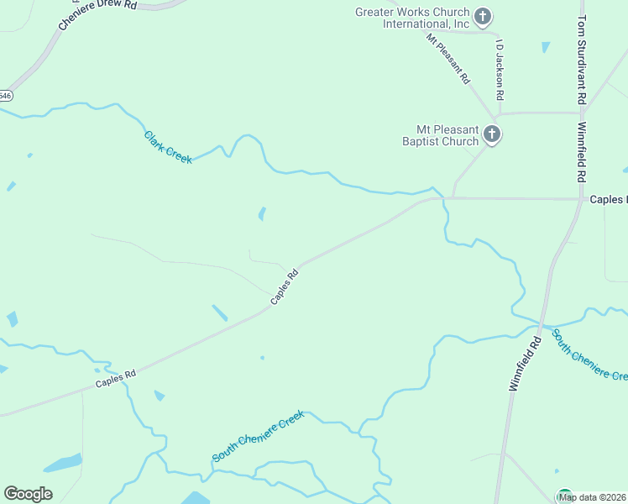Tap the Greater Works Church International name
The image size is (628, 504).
click(x=412, y=18)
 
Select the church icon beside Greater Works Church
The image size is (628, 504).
click(x=483, y=16)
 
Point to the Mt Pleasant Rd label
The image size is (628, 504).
click(x=447, y=59)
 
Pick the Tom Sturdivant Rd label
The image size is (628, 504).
click(x=581, y=59)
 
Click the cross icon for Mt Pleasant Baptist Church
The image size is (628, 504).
click(x=492, y=134)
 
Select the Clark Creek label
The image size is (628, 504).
click(x=168, y=147)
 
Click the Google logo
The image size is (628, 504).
click(x=28, y=493)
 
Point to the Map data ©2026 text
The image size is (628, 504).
click(x=593, y=497)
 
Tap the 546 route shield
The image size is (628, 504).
click(x=5, y=96)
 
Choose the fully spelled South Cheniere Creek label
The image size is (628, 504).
click(x=258, y=436)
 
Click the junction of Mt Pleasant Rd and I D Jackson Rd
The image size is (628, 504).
click(x=500, y=113)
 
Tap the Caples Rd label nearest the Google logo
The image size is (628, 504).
click(x=116, y=380)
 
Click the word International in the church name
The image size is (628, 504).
click(x=412, y=24)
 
